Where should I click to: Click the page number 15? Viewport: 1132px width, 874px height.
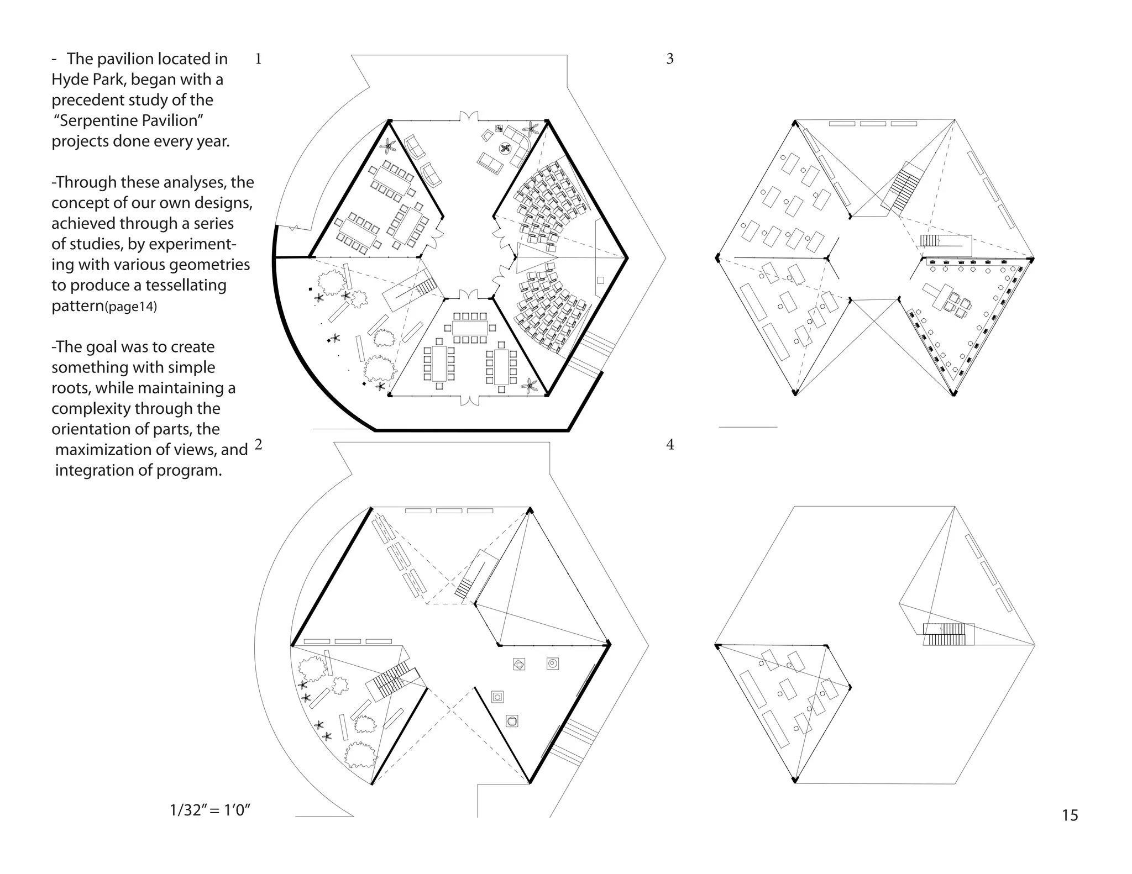(1070, 815)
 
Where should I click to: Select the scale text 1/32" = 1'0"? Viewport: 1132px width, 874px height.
(210, 810)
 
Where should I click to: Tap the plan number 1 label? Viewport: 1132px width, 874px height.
(258, 59)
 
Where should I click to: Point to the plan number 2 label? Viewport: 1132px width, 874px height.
(258, 444)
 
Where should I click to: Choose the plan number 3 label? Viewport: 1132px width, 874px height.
(670, 59)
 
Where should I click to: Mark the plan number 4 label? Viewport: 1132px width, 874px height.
(670, 445)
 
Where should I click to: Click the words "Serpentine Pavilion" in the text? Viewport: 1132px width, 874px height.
(129, 120)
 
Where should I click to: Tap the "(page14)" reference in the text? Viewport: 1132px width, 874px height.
(131, 307)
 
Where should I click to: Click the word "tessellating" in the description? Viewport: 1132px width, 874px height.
(186, 285)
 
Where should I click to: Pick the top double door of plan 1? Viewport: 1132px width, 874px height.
(469, 117)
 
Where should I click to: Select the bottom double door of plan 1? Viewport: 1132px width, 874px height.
(469, 399)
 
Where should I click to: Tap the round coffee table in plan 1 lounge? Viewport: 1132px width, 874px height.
(505, 148)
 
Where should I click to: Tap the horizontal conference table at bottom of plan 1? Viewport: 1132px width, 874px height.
(470, 328)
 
